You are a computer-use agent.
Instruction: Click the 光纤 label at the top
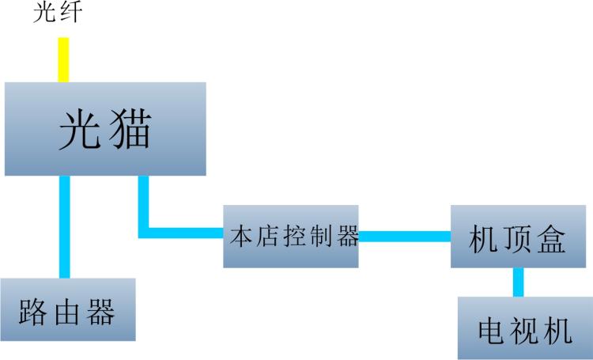[x=58, y=12]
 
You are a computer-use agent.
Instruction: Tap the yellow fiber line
[x=63, y=60]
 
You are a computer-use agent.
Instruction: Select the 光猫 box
[x=105, y=129]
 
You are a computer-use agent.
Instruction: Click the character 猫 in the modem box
[x=130, y=129]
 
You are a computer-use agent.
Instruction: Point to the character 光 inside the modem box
[x=80, y=130]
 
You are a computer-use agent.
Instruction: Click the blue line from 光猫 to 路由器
[x=65, y=227]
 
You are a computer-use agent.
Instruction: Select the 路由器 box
[x=68, y=309]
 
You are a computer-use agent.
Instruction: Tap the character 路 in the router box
[x=33, y=313]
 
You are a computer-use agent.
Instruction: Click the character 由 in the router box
[x=67, y=313]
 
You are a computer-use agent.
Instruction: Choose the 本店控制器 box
[x=291, y=237]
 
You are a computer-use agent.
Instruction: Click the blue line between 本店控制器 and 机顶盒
[x=405, y=237]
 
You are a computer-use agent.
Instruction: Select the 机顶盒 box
[x=518, y=237]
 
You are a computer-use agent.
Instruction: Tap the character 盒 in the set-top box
[x=551, y=239]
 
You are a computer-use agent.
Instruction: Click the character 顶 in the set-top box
[x=517, y=239]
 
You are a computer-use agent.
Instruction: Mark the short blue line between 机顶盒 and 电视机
[x=519, y=282]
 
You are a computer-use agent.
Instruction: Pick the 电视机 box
[x=525, y=328]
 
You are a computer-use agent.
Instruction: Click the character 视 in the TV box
[x=525, y=332]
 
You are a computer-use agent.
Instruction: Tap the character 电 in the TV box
[x=492, y=332]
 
